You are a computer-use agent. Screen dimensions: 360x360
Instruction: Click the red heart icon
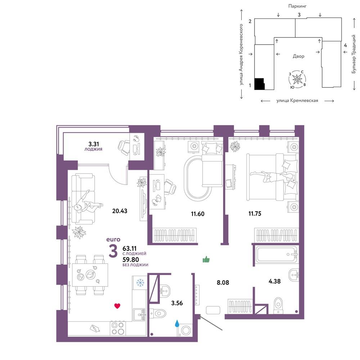click(x=117, y=306)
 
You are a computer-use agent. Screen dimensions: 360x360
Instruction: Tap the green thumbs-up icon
click(x=206, y=259)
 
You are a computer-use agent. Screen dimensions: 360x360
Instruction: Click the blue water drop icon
click(x=177, y=324)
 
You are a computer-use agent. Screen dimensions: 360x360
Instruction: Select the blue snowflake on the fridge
click(x=140, y=282)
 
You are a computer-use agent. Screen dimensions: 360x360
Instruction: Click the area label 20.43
click(x=120, y=211)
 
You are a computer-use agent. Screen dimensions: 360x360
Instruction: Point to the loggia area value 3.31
click(x=94, y=144)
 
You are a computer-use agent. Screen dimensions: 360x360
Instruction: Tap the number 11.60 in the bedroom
click(x=198, y=214)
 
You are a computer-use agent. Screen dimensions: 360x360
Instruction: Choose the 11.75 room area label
click(x=255, y=213)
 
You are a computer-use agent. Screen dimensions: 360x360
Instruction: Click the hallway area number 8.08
click(x=223, y=282)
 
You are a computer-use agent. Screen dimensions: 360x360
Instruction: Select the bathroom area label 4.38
click(x=275, y=281)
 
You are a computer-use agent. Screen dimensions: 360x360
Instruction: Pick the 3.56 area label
click(x=177, y=303)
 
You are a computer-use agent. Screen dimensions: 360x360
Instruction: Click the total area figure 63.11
click(x=130, y=248)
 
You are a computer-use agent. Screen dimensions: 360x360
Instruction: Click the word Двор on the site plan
click(x=298, y=56)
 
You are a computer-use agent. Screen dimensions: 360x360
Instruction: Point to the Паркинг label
click(x=298, y=6)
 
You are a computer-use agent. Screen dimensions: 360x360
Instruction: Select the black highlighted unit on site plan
click(x=260, y=84)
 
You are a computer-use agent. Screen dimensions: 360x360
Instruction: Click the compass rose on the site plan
click(x=297, y=79)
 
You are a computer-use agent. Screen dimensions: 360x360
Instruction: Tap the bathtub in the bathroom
click(x=277, y=254)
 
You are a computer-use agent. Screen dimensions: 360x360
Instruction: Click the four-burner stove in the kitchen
click(x=118, y=328)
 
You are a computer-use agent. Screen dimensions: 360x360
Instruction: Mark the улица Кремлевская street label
click(x=297, y=100)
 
